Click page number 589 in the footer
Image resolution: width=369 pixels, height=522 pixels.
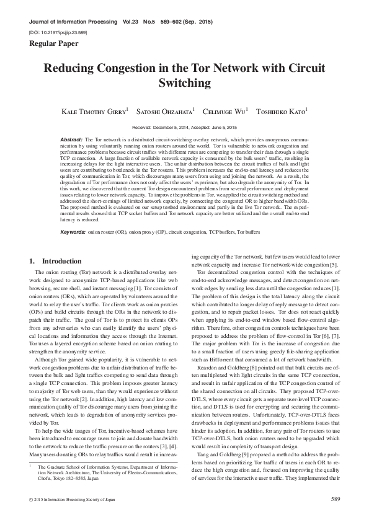[x=335, y=498]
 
